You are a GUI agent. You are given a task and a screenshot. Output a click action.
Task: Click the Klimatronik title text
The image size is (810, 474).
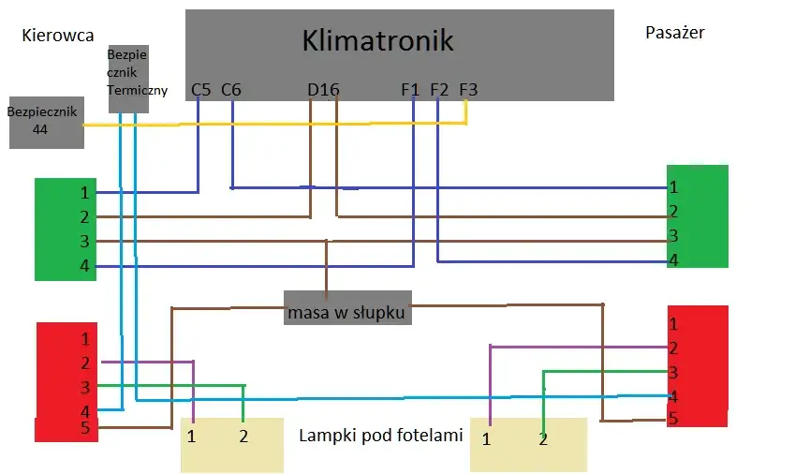[377, 40]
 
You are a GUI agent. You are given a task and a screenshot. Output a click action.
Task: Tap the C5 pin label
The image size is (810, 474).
[200, 90]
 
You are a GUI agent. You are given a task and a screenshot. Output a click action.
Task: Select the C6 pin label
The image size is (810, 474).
[231, 90]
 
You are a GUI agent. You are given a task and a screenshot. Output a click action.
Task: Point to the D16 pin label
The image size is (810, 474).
[323, 90]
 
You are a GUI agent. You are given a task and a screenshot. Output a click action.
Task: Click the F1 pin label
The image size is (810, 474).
[410, 90]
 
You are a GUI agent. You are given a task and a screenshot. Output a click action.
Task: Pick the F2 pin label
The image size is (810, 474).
[439, 90]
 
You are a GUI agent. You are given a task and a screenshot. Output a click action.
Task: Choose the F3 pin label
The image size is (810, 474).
[469, 90]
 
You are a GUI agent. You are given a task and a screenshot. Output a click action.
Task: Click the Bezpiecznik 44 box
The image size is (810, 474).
[46, 122]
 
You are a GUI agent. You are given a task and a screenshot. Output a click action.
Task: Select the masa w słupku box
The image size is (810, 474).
[347, 312]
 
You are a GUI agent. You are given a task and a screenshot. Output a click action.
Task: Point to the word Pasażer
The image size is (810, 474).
[675, 33]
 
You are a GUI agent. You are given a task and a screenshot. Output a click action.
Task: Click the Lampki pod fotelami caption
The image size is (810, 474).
[381, 436]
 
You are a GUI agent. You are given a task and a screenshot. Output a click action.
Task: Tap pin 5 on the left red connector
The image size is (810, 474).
[84, 429]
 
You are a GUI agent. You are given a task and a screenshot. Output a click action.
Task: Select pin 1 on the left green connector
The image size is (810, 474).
[84, 193]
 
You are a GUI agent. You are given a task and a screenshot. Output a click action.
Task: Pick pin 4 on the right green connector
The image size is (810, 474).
[673, 260]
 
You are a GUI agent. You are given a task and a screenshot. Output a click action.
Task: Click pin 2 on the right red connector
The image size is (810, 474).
[673, 348]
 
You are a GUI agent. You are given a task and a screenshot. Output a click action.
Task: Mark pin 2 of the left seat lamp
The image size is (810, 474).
[243, 436]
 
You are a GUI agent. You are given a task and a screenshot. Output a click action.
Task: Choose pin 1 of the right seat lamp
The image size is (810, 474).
[487, 438]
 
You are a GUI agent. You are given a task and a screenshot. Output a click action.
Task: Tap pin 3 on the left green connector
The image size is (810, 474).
[84, 242]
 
